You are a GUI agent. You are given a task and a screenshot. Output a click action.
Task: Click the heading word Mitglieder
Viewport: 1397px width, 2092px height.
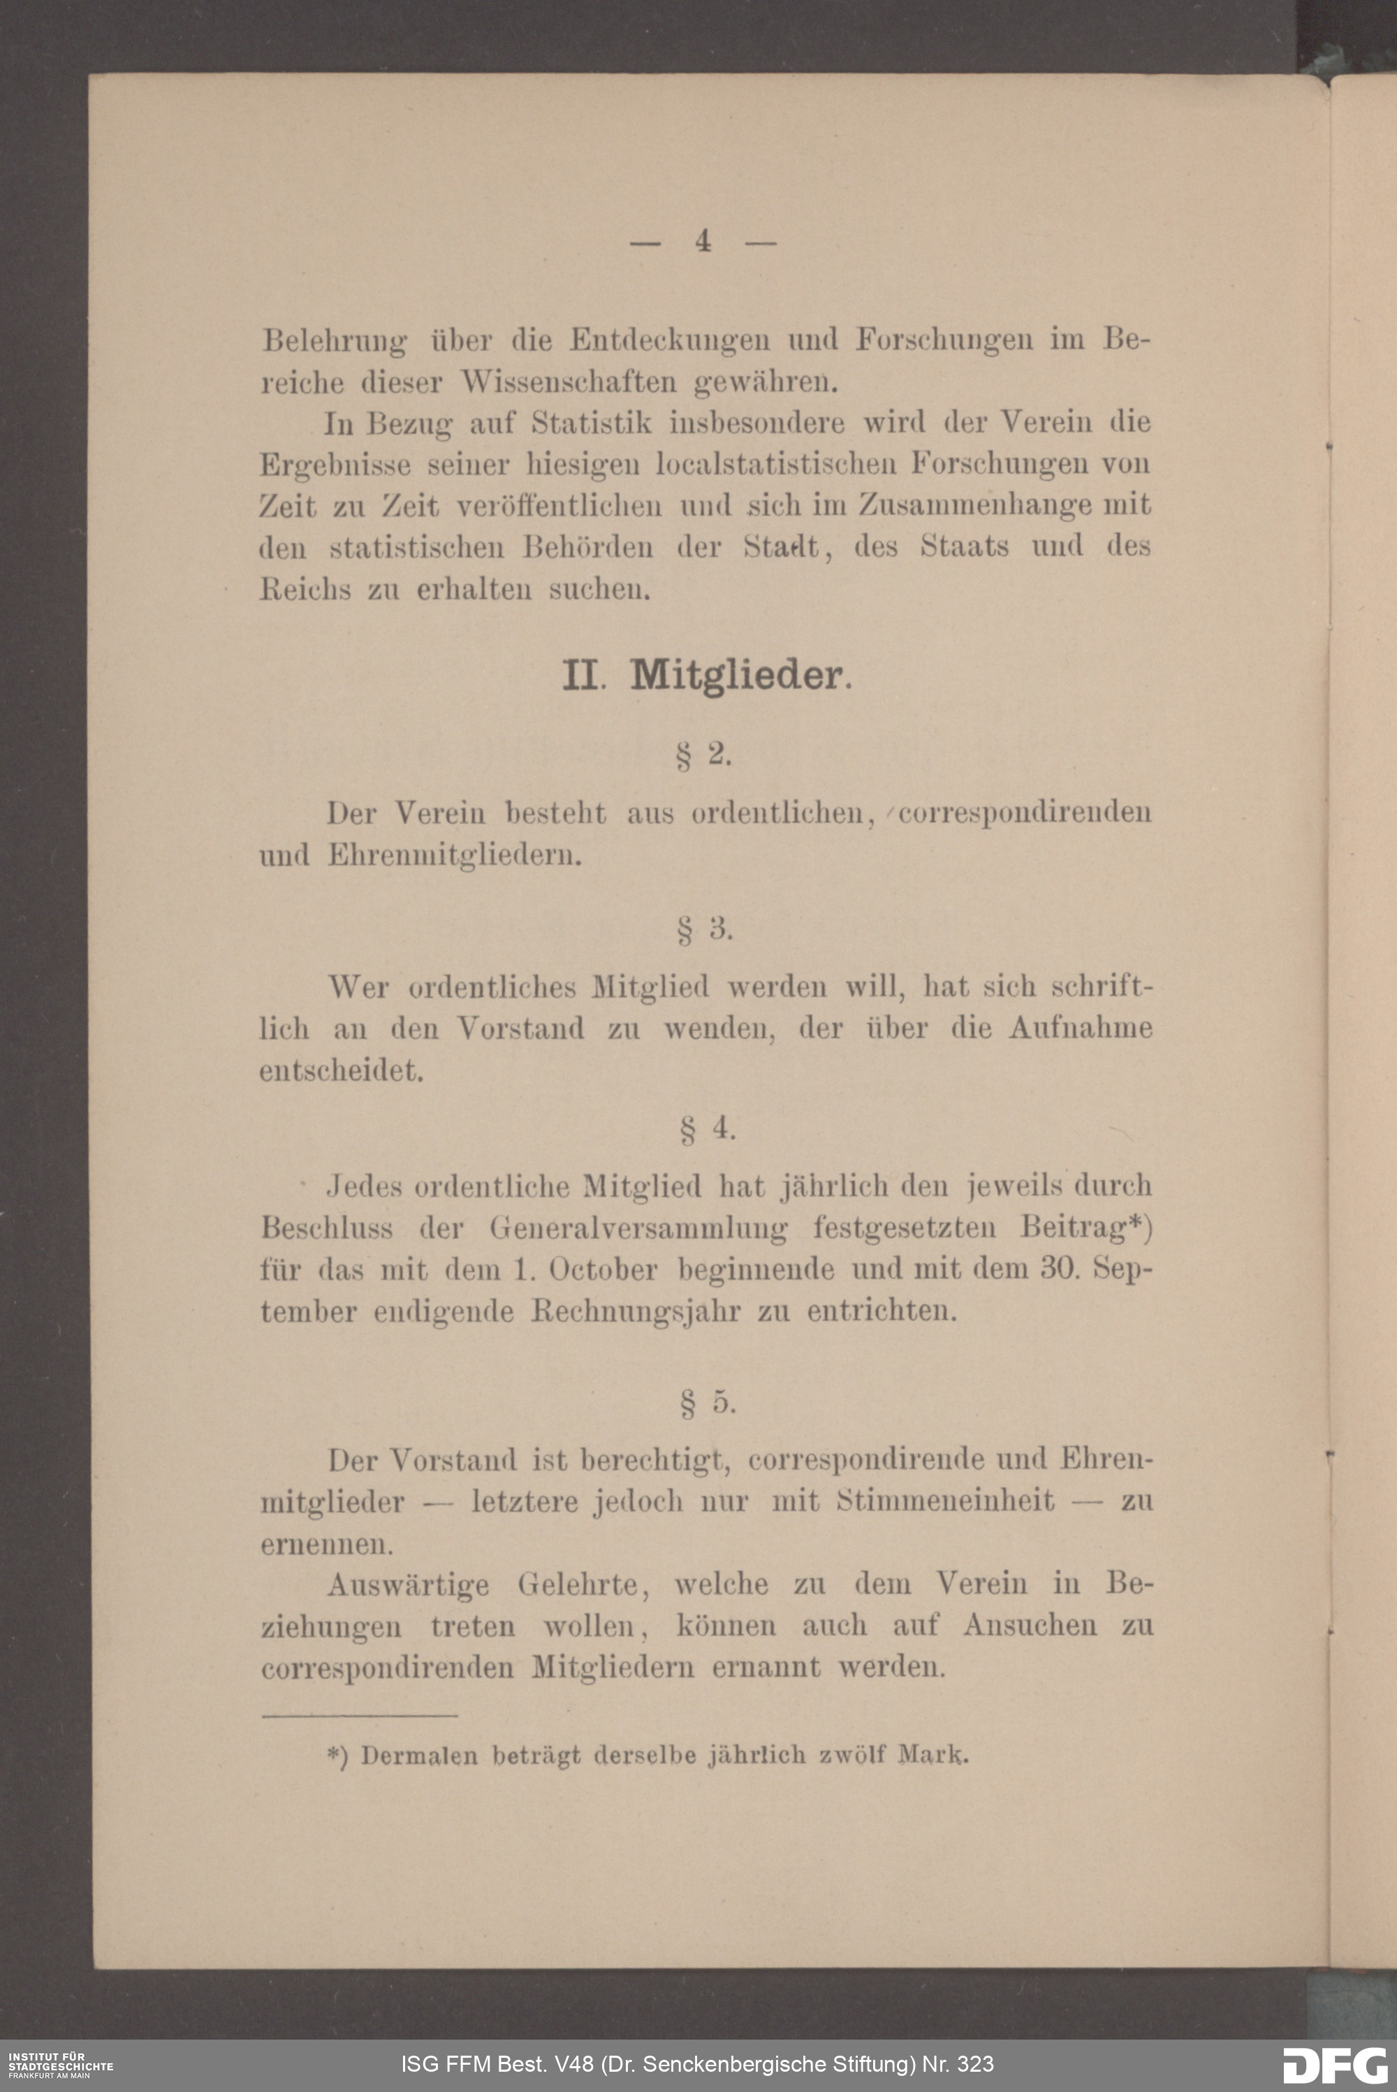coord(736,676)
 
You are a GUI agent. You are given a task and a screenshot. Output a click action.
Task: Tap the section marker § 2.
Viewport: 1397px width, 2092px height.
coord(703,755)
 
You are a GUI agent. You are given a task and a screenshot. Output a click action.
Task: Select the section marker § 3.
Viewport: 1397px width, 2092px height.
coord(703,929)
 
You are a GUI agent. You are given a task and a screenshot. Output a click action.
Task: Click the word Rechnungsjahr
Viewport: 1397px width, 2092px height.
coord(635,1312)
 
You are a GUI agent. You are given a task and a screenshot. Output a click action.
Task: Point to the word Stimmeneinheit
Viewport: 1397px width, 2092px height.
coord(944,1502)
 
